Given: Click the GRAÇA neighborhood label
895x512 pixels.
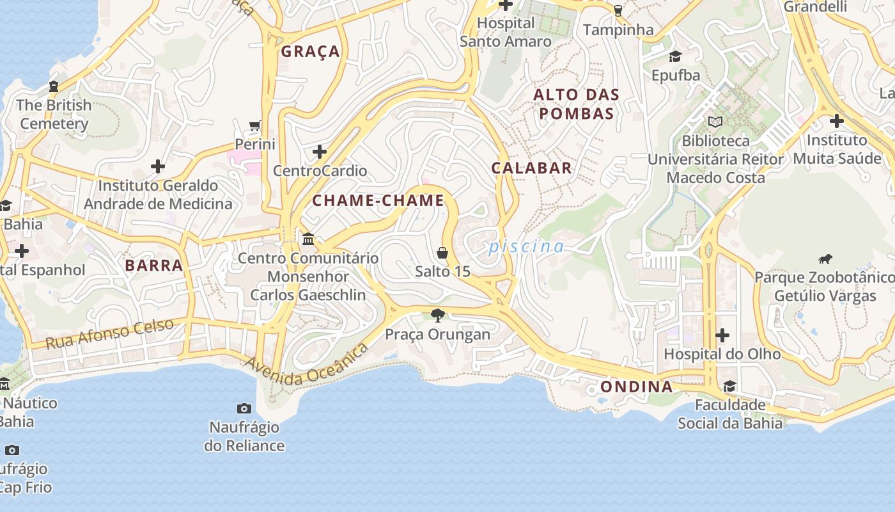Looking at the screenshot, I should tap(311, 52).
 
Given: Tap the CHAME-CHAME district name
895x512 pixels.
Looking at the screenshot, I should tap(378, 201).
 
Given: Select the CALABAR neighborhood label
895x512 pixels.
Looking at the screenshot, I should tap(531, 168).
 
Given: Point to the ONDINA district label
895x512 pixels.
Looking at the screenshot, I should tap(636, 387).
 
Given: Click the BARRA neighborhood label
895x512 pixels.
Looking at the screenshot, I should tap(154, 266).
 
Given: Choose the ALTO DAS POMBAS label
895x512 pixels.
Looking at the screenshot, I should tap(577, 104).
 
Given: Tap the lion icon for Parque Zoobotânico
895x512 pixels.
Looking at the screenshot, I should tap(825, 259).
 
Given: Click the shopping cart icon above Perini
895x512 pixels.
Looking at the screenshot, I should tap(255, 125).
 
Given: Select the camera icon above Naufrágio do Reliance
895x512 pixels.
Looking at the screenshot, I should tap(244, 408).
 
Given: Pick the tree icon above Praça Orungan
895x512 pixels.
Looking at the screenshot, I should tap(438, 315).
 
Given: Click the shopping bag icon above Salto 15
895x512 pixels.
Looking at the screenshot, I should tap(442, 253).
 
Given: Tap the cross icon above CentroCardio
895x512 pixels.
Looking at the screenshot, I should tap(320, 152).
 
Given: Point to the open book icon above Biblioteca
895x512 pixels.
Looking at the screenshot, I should tap(715, 122).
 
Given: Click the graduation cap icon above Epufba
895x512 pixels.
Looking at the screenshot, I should tap(676, 57).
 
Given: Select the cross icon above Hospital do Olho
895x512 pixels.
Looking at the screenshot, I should tap(722, 335).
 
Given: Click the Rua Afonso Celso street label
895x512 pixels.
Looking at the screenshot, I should tap(109, 333).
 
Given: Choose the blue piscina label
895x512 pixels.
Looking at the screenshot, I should tap(527, 247).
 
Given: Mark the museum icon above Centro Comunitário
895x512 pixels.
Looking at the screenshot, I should tap(308, 239).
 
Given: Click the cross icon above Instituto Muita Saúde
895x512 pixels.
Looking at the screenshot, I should tap(836, 120).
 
